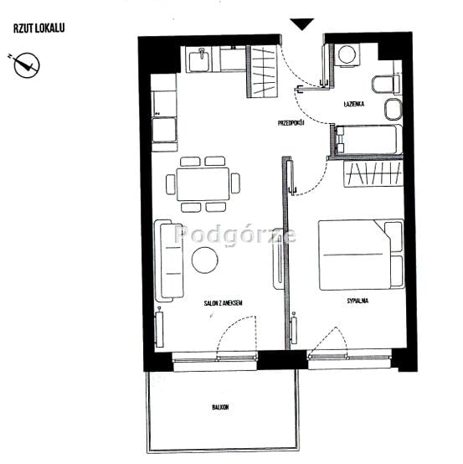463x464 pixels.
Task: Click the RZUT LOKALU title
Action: point(39,28)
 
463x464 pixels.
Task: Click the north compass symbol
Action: point(26,65)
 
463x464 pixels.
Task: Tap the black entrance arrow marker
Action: point(301,24)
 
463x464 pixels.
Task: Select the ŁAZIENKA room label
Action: point(354,104)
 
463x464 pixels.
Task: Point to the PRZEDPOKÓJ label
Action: point(291,123)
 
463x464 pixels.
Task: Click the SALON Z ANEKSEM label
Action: point(224,303)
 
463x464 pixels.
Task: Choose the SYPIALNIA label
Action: point(358,301)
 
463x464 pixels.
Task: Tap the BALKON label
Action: point(220,407)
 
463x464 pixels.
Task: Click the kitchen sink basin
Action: point(199,60)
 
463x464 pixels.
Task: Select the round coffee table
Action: point(205,260)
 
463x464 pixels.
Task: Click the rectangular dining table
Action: point(203,184)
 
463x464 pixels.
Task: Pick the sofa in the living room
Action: point(169,260)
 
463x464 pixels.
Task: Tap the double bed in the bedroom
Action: point(361,255)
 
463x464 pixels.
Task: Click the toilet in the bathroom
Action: point(386,85)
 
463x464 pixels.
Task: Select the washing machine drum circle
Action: point(347,54)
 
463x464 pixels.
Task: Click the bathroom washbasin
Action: point(394,109)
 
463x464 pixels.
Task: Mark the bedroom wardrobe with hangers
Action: point(373,173)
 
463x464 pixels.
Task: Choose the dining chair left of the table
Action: point(171,184)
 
